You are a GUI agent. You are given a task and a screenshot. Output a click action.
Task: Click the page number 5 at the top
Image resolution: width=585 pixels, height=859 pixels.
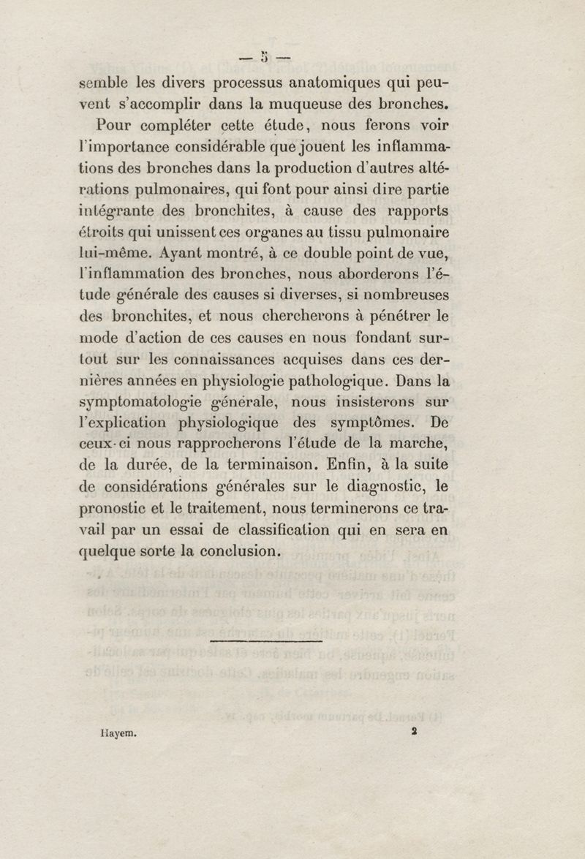(x=264, y=56)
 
